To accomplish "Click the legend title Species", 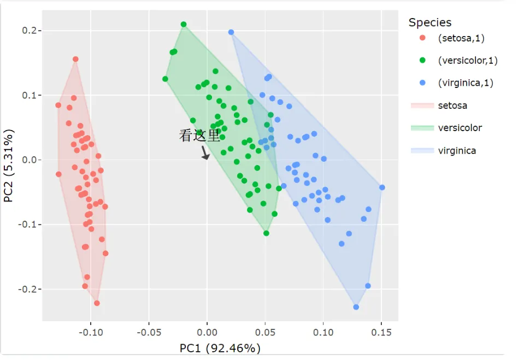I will pyautogui.click(x=430, y=22).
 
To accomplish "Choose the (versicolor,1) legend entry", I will pyautogui.click(x=467, y=61).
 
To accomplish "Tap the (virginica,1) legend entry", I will pyautogui.click(x=465, y=83).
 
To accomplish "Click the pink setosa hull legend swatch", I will pyautogui.click(x=422, y=105).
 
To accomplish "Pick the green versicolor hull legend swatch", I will pyautogui.click(x=422, y=128).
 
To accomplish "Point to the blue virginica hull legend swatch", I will pyautogui.click(x=422, y=150).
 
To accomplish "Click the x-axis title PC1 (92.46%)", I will pyautogui.click(x=220, y=348).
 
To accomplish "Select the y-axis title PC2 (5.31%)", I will pyautogui.click(x=9, y=166).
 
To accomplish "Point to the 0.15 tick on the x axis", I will pyautogui.click(x=381, y=331).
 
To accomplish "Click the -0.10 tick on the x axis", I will pyautogui.click(x=90, y=331).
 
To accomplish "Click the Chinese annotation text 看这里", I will pyautogui.click(x=200, y=136).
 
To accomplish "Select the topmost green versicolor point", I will pyautogui.click(x=184, y=25).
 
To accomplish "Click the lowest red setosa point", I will pyautogui.click(x=97, y=303).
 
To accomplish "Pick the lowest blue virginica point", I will pyautogui.click(x=356, y=307).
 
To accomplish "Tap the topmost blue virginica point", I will pyautogui.click(x=231, y=32).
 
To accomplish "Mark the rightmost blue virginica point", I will pyautogui.click(x=382, y=187).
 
